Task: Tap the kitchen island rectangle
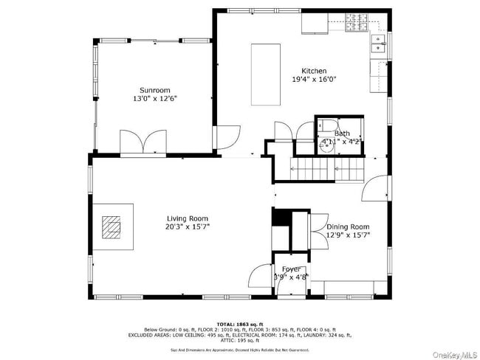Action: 266,76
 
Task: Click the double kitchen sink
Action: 378,44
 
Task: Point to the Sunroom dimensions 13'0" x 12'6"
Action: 155,98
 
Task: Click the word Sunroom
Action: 155,90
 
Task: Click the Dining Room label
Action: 348,227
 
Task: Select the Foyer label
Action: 290,269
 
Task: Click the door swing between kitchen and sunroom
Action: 228,137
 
